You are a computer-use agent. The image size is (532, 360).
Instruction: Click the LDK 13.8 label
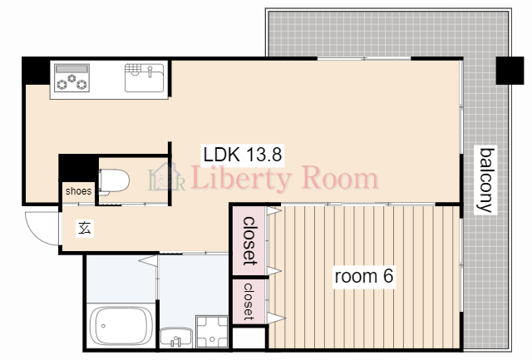point(243,155)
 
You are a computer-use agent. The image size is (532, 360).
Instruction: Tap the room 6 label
point(364,276)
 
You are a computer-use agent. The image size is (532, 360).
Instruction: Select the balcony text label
point(485,180)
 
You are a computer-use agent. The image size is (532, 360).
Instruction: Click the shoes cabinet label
point(78,191)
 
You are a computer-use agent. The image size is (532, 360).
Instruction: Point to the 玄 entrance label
point(85,228)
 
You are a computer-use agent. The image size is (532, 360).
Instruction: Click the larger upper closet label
point(250,241)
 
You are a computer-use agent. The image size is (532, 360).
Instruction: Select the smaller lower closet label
point(249,302)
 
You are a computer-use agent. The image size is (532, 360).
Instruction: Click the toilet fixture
point(114,181)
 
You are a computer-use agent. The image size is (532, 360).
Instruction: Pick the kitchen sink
point(144,77)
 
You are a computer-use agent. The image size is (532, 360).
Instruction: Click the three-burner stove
point(72,77)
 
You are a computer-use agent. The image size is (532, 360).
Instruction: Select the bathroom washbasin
point(176,338)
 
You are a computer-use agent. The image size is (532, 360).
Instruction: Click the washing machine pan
point(212,332)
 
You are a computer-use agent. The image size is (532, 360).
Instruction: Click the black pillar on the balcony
point(510,71)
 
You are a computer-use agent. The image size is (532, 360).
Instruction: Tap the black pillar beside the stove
point(36,71)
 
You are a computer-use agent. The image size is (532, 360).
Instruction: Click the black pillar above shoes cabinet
point(79,168)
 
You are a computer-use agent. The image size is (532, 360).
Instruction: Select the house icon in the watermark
point(166,176)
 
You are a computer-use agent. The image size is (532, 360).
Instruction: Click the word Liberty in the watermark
point(241,179)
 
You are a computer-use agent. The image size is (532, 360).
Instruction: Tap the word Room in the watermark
point(340,177)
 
